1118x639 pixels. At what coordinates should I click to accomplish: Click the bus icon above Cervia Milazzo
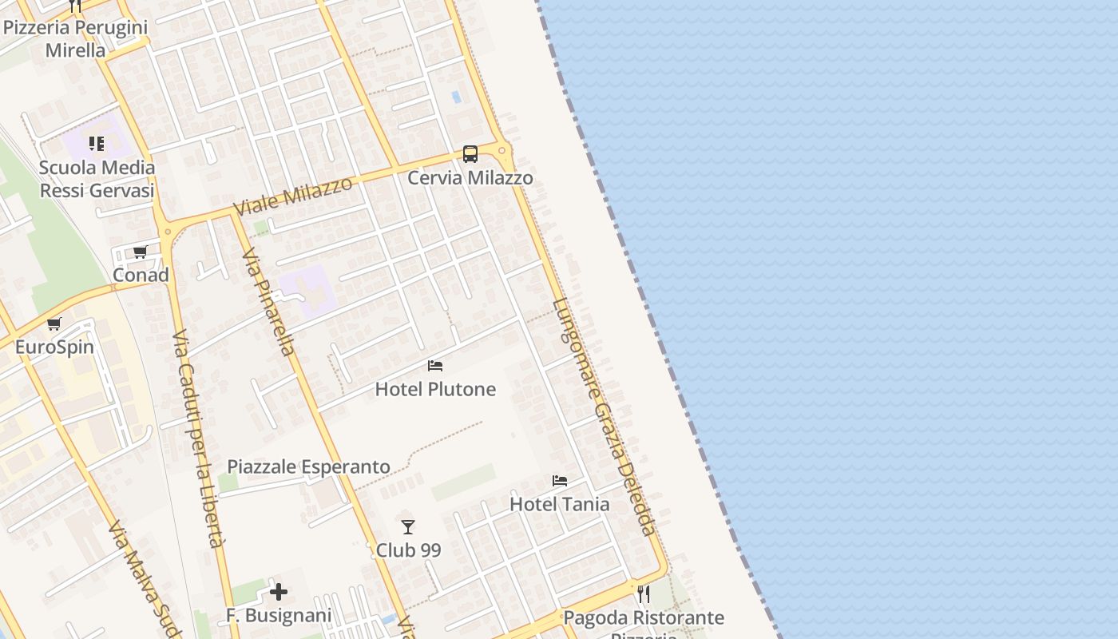470,154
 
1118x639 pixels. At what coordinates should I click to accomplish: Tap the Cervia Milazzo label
470,177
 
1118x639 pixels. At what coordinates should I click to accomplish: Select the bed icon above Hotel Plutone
435,366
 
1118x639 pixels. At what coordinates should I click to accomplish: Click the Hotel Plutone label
435,389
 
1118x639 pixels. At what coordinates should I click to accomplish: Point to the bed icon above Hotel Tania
560,481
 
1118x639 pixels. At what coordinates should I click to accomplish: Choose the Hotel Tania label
560,504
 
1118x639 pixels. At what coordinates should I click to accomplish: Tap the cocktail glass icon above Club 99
408,527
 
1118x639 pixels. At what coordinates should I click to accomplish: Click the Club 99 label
408,550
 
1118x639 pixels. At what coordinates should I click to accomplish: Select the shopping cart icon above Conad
141,252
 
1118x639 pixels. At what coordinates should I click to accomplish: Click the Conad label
141,275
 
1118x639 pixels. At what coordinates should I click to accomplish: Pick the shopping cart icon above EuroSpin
54,324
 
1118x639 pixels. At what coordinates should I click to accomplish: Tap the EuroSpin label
54,347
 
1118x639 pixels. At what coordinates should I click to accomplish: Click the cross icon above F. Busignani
279,592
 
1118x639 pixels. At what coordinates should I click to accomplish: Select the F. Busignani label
279,616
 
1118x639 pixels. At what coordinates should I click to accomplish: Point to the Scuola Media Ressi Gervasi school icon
97,144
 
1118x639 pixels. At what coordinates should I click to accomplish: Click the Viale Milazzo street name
293,196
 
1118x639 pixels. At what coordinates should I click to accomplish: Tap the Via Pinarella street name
269,301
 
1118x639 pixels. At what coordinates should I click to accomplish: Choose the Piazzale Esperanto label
309,466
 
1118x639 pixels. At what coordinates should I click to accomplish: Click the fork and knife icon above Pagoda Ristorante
644,594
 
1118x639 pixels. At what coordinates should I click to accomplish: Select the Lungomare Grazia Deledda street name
605,416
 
